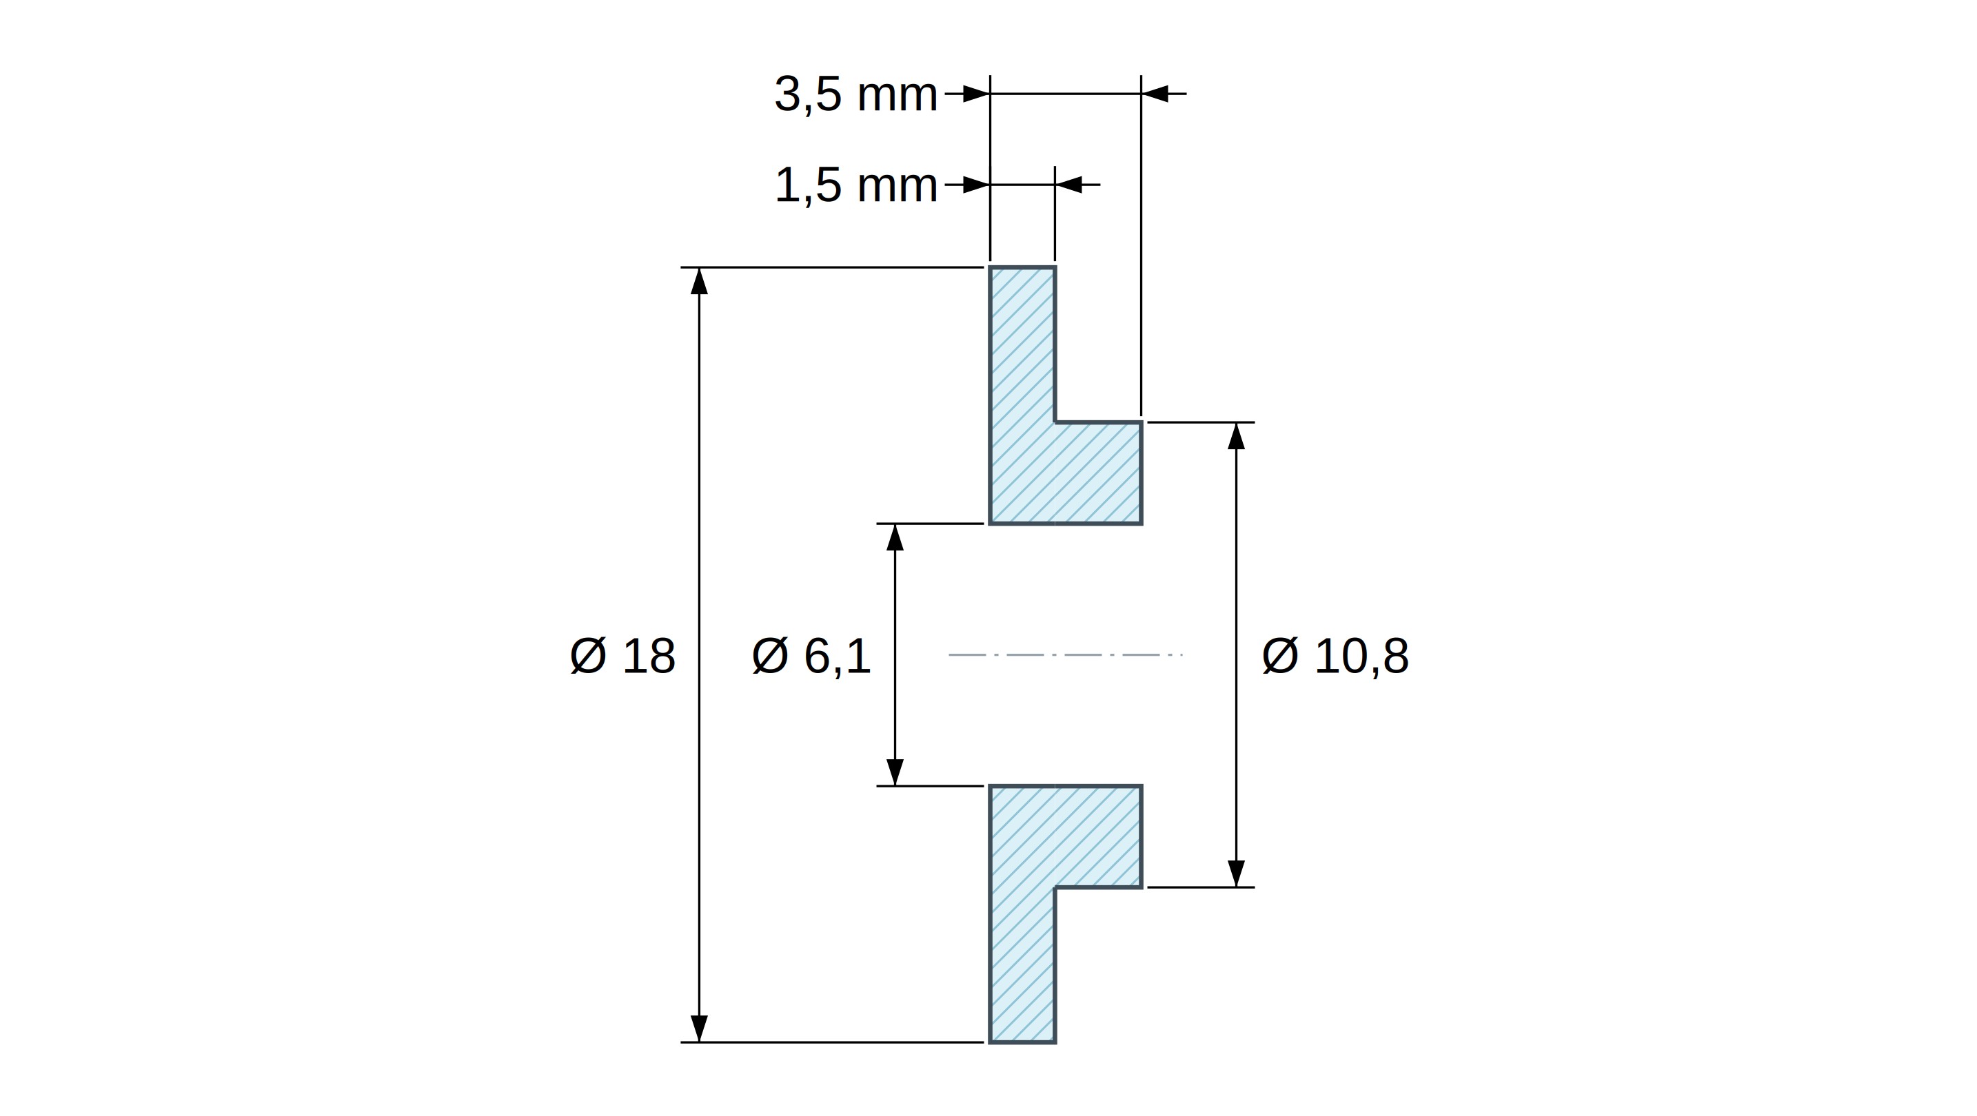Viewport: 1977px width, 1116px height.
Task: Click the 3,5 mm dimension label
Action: click(x=855, y=95)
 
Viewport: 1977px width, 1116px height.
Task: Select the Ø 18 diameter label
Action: click(x=622, y=657)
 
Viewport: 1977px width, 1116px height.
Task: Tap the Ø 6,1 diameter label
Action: click(x=811, y=657)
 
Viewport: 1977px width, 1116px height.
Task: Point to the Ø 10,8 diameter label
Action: click(x=1335, y=657)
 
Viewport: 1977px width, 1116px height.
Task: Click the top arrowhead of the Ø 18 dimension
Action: click(x=698, y=281)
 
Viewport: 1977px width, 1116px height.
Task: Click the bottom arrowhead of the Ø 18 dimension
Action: click(x=698, y=1029)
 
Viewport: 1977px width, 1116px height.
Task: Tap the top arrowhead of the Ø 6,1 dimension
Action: click(x=895, y=537)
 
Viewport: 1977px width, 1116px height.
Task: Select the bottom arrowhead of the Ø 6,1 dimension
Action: click(x=895, y=772)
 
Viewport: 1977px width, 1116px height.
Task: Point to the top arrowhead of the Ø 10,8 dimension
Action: click(x=1235, y=435)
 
